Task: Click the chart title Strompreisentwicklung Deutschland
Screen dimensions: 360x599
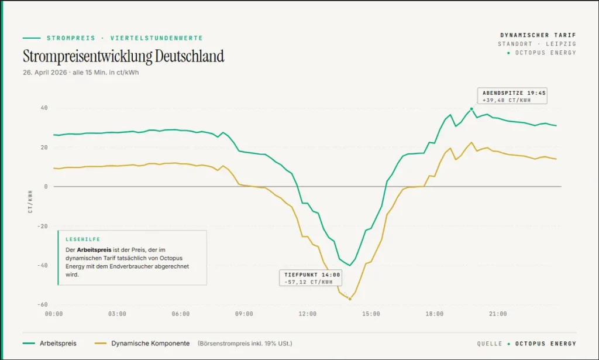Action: pos(123,57)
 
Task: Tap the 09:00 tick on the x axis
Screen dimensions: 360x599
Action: pos(244,314)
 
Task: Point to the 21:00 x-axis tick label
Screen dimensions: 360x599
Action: pos(498,314)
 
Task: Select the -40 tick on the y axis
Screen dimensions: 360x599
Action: pos(43,265)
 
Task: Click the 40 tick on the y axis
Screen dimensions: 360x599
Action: pos(44,108)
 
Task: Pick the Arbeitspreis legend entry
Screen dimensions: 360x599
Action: pos(58,343)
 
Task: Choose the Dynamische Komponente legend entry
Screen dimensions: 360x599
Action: pos(150,343)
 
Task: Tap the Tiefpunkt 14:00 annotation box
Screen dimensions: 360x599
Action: pos(310,278)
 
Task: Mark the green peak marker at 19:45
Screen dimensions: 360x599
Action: pos(471,109)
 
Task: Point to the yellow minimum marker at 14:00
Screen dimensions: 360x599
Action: pos(350,299)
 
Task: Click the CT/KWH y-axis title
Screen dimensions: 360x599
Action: pos(30,201)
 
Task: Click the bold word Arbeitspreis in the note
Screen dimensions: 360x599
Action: pos(94,249)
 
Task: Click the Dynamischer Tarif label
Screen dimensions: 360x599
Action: pos(538,35)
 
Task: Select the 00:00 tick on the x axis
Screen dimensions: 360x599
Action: pos(54,314)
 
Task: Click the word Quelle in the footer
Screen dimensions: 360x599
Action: pos(489,344)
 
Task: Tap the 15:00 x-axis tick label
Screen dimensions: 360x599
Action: pos(371,314)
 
